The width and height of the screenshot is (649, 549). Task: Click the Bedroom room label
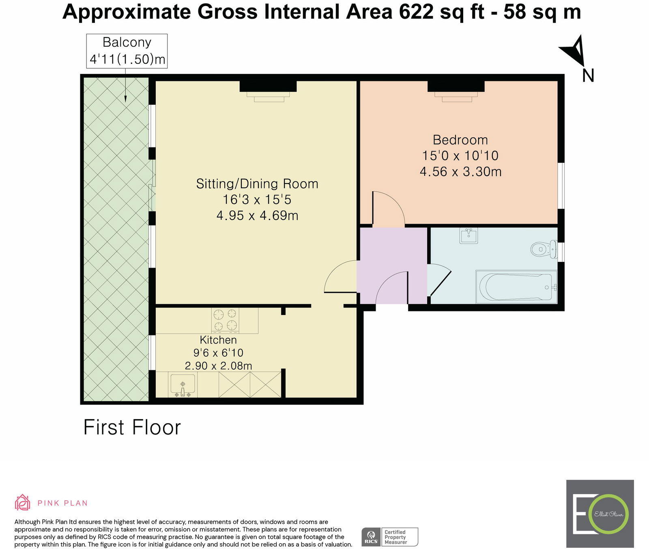coord(460,140)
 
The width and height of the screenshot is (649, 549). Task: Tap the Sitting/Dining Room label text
coord(257,184)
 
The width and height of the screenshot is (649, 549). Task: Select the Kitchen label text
coord(218,340)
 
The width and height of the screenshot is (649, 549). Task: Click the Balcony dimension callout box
coord(127,51)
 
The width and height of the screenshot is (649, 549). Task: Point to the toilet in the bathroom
coord(543,249)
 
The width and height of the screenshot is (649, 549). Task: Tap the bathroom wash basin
coord(468,235)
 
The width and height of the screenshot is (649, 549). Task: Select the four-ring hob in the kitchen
coord(225,320)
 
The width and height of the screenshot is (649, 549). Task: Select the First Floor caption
coord(132,428)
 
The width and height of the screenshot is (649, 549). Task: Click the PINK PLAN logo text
coord(62,503)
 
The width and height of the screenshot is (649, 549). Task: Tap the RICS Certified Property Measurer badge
coord(390,537)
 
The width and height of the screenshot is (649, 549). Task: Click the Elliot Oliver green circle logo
coord(608,514)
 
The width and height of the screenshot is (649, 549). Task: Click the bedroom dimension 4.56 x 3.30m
coord(460,172)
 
